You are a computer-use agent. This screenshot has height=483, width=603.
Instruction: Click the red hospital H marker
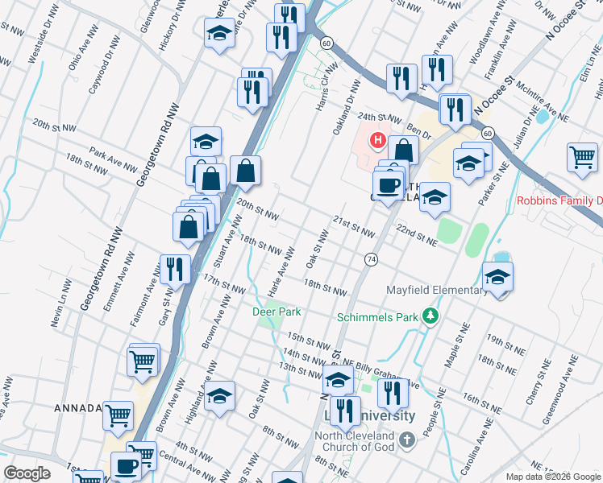click(x=377, y=141)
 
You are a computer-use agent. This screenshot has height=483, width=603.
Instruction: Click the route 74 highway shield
click(x=371, y=258)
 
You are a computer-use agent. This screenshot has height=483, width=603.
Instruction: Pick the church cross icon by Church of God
click(x=408, y=440)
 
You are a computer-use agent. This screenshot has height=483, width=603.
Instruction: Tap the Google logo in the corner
click(x=27, y=473)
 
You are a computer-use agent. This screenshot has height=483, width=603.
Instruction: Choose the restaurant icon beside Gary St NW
click(x=173, y=268)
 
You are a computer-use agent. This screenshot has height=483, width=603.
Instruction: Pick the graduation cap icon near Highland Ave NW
click(x=219, y=396)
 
